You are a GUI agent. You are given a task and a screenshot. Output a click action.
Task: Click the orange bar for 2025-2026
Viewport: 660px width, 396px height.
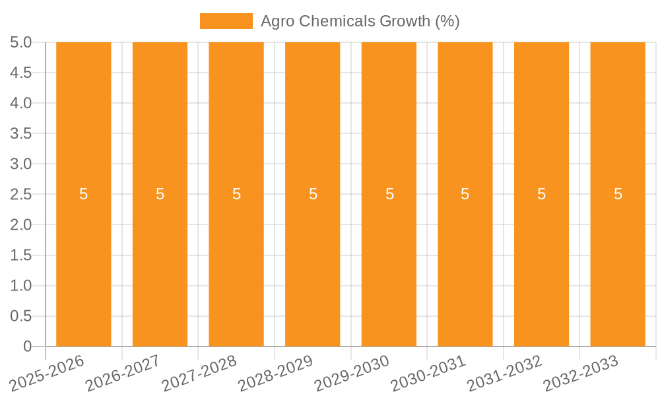pyautogui.click(x=84, y=264)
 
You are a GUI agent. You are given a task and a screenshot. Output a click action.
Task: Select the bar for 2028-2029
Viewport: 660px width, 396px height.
pyautogui.click(x=313, y=264)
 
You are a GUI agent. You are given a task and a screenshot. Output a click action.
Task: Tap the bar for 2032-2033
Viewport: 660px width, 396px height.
pyautogui.click(x=618, y=264)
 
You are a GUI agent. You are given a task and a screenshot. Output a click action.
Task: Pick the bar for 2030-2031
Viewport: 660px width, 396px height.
pyautogui.click(x=465, y=264)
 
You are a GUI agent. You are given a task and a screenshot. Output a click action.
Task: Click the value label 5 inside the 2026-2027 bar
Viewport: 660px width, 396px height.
pyautogui.click(x=160, y=194)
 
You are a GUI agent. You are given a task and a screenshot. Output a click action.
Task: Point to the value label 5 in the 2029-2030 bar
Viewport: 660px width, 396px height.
pyautogui.click(x=389, y=194)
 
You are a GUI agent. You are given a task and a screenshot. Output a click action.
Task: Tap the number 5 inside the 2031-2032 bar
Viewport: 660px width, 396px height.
pyautogui.click(x=541, y=194)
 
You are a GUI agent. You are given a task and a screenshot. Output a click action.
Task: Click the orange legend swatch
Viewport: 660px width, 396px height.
pyautogui.click(x=226, y=21)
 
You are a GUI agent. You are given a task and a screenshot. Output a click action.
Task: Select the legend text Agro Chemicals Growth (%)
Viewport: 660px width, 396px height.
pyautogui.click(x=360, y=21)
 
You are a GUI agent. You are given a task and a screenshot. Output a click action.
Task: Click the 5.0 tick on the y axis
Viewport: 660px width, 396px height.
pyautogui.click(x=21, y=42)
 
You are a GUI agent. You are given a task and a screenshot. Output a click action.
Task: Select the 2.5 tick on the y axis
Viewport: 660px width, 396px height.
pyautogui.click(x=21, y=194)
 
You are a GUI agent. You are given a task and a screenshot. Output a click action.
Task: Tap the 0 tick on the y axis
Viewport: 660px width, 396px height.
pyautogui.click(x=27, y=346)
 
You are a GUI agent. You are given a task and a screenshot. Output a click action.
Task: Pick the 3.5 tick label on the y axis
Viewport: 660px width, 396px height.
pyautogui.click(x=21, y=133)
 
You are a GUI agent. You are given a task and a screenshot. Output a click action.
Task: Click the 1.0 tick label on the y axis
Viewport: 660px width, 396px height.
pyautogui.click(x=21, y=286)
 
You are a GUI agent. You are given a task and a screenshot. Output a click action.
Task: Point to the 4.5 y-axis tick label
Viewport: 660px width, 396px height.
pyautogui.click(x=21, y=73)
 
